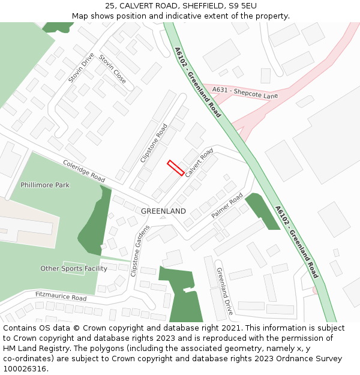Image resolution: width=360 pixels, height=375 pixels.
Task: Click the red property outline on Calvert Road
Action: (x=175, y=167)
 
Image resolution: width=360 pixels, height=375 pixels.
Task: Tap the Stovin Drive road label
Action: (x=81, y=67)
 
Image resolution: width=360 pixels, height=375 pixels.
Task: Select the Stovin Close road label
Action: (x=112, y=69)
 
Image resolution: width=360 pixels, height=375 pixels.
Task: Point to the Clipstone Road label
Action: (x=154, y=143)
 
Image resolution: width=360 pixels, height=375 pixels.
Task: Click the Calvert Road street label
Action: (x=199, y=163)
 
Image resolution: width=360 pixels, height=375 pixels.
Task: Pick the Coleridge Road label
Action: (x=84, y=171)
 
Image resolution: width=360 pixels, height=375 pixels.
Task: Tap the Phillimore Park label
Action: (x=45, y=185)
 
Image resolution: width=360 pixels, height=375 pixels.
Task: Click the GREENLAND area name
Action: (x=163, y=211)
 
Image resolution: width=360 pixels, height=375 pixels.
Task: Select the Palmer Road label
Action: (x=227, y=205)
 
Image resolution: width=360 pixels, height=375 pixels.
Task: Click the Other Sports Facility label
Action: (x=74, y=268)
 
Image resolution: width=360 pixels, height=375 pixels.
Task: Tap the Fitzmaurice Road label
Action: (x=61, y=296)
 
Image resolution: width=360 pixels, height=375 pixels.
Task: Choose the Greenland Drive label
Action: (x=224, y=292)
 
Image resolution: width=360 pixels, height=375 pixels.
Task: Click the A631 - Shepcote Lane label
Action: (x=245, y=92)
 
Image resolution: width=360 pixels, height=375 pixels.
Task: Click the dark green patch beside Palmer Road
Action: (x=262, y=211)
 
